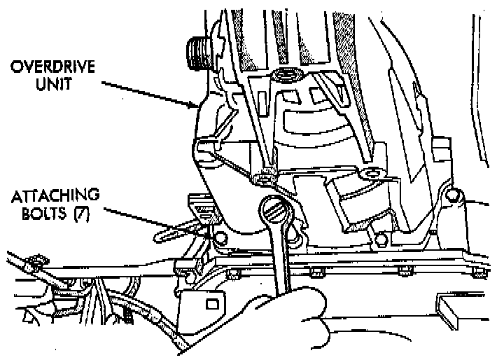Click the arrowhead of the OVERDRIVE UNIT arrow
[198, 107]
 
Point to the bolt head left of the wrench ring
[223, 239]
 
